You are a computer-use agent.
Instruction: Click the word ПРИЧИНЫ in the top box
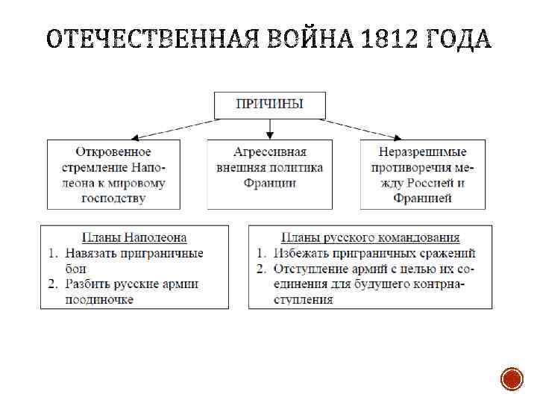click(x=269, y=104)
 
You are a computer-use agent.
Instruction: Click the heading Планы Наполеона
click(x=134, y=237)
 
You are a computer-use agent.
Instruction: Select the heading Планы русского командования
click(x=371, y=237)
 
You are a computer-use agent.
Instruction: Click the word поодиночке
click(x=99, y=299)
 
